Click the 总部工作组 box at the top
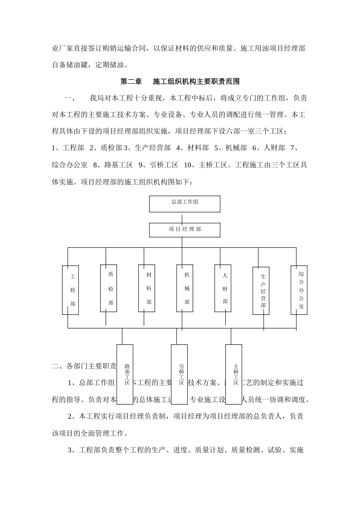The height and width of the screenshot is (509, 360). [185, 204]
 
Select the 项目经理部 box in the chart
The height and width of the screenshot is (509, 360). [185, 230]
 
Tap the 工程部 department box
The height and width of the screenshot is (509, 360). [70, 290]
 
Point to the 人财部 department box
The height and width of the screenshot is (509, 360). [223, 288]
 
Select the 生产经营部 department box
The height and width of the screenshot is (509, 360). [261, 291]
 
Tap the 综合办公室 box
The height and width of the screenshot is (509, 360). [299, 290]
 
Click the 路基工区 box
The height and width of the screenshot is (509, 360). [125, 369]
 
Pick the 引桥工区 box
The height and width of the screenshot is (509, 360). [179, 369]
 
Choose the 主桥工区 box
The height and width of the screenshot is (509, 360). [234, 369]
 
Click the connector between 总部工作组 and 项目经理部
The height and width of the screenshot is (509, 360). [183, 219]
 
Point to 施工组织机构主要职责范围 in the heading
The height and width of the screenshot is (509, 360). [196, 81]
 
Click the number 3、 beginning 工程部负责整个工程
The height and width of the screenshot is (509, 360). [72, 450]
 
